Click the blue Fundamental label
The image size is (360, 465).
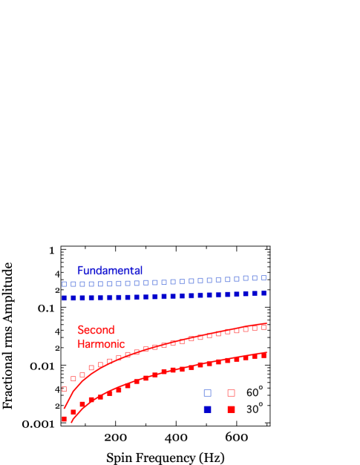click(x=110, y=271)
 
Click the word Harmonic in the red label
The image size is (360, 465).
click(x=100, y=344)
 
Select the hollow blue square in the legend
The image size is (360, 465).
click(x=208, y=393)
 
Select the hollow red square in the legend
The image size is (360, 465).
click(x=231, y=393)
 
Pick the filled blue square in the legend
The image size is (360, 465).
click(x=208, y=409)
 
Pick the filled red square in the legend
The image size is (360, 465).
click(x=231, y=409)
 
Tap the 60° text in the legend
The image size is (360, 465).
click(x=255, y=392)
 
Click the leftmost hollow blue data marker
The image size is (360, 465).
click(x=65, y=284)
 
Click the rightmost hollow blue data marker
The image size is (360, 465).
click(x=264, y=277)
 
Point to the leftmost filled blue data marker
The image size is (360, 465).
click(x=65, y=297)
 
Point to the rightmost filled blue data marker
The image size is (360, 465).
click(x=264, y=293)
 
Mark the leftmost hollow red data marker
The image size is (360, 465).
click(x=65, y=389)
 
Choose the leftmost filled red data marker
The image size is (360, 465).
click(x=65, y=419)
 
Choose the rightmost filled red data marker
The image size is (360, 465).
click(x=264, y=355)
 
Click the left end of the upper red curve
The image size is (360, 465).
click(x=65, y=408)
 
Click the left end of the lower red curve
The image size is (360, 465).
click(x=71, y=422)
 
